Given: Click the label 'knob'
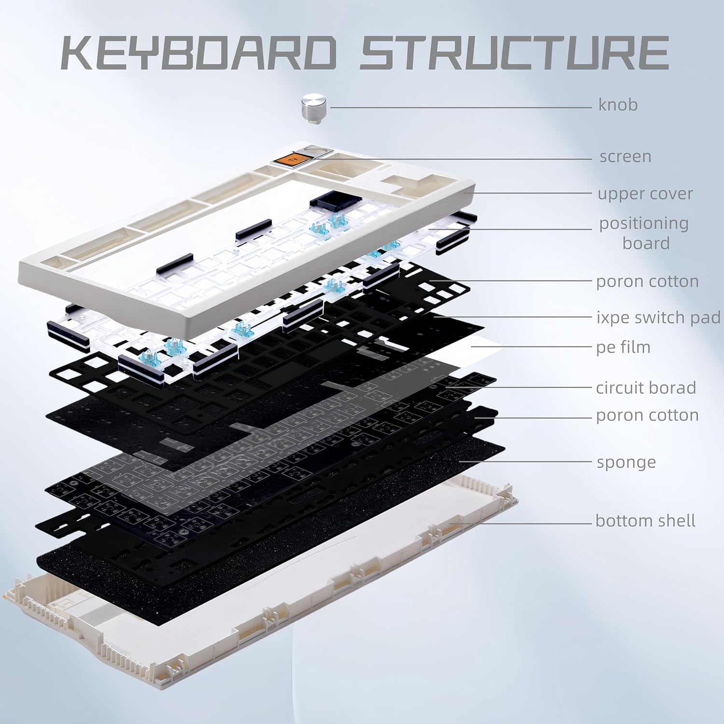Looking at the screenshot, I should coord(618,105).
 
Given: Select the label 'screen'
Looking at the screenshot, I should coord(625,156).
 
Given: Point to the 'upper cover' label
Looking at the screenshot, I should coord(645,194).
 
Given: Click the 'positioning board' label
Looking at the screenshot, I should coord(644,233).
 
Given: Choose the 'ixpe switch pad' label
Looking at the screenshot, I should coord(658,318).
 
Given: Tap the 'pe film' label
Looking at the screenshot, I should coord(623,347).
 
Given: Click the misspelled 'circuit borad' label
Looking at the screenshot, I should coord(646,388).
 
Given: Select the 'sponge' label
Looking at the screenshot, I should coord(626,462).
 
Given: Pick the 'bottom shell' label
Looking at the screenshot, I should coord(645,521).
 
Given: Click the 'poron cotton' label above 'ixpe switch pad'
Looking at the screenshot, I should coord(647,281).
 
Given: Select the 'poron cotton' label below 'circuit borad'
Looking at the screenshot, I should coord(647,415).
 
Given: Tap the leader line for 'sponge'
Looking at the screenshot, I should coord(526,461).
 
